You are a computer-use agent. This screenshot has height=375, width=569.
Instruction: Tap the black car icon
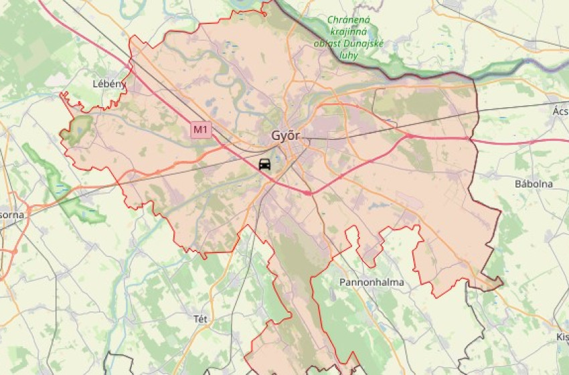265,164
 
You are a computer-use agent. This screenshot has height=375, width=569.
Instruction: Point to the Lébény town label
108,84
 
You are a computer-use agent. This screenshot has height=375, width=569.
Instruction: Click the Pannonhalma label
372,282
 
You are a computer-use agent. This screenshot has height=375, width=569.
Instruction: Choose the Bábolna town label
533,183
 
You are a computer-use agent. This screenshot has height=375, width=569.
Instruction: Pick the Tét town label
200,319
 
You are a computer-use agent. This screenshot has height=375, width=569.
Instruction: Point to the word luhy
348,56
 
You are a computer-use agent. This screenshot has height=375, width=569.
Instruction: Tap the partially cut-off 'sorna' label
12,215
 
